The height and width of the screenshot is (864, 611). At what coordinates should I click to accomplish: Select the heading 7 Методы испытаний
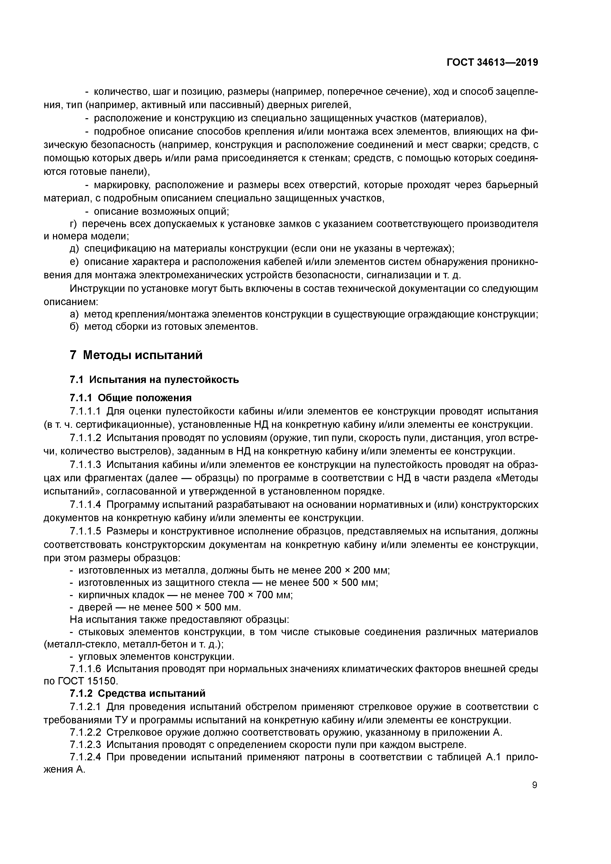136,355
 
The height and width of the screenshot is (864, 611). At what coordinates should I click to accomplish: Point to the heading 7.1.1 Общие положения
131,398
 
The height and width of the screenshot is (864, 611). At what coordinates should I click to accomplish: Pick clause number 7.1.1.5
85,531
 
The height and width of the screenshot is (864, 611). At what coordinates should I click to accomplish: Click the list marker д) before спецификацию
74,248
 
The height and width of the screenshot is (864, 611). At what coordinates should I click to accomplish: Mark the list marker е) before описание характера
74,262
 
